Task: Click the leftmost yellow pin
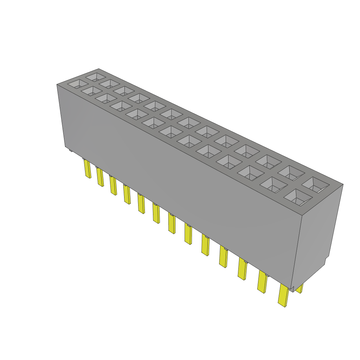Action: [87, 169]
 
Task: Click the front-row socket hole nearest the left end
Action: [78, 84]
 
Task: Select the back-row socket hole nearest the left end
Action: [95, 76]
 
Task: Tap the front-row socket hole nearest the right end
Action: [298, 197]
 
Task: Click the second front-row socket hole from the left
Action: [92, 91]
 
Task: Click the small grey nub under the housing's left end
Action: [71, 151]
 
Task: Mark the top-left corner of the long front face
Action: [57, 85]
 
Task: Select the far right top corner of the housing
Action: [343, 184]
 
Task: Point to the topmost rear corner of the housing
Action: [98, 69]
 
